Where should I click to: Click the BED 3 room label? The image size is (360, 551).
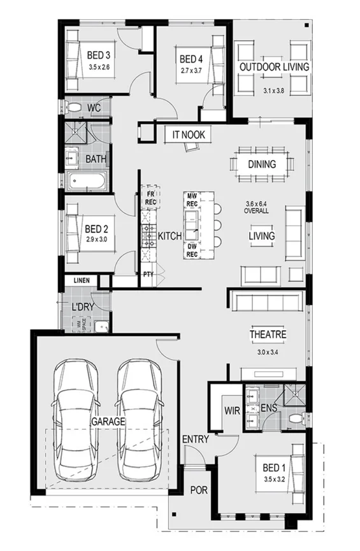click(99, 55)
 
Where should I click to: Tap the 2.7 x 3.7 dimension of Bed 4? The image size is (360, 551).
click(191, 71)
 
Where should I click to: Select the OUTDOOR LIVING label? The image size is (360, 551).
click(274, 67)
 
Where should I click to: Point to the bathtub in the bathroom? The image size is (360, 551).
click(87, 182)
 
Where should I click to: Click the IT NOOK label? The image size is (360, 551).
click(184, 135)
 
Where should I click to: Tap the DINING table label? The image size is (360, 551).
click(262, 165)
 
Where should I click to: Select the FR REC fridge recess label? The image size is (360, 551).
click(151, 198)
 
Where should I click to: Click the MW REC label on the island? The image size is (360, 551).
click(191, 200)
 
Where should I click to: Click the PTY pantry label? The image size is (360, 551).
click(148, 275)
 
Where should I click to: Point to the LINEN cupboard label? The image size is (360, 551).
click(81, 281)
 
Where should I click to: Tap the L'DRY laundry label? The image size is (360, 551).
click(83, 307)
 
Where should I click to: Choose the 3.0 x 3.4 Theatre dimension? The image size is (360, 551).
click(268, 351)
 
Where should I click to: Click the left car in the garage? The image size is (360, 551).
click(76, 422)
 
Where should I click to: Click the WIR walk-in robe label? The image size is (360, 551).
click(231, 411)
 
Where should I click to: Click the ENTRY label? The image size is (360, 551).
click(194, 439)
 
